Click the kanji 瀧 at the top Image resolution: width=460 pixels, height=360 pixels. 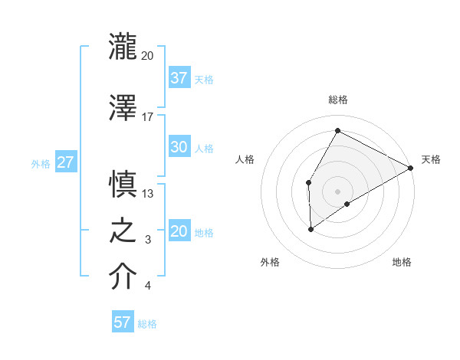point(123,47)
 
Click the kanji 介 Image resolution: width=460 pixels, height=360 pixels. point(123,277)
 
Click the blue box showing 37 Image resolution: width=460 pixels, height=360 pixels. point(179,78)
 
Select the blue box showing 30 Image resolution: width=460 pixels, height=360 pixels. point(179,148)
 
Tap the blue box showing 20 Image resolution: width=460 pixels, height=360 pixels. point(179,232)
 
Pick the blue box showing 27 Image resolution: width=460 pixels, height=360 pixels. point(65,162)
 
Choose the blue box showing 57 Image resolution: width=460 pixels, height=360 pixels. point(123,322)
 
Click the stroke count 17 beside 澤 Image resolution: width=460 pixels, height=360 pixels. point(148,116)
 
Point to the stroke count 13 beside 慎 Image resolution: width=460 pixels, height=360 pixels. point(148,194)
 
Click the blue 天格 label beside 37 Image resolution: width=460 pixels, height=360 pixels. point(204,79)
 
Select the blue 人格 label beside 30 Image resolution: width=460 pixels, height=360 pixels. point(204,149)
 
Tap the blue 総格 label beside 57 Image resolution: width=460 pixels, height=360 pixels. point(147,324)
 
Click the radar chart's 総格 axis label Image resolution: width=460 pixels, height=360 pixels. point(338,100)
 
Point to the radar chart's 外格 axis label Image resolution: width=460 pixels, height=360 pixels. point(270,262)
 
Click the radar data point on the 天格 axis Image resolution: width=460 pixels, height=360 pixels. point(411,169)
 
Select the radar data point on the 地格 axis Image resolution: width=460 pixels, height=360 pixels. point(347,204)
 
